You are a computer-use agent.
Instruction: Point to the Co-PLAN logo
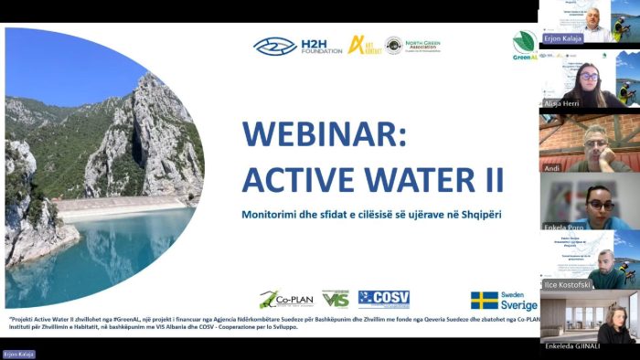click(281, 300)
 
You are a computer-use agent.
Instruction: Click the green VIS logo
click(336, 299)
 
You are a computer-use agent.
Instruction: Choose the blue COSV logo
click(383, 299)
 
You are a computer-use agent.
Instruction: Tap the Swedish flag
click(484, 301)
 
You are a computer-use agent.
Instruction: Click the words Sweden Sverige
click(519, 301)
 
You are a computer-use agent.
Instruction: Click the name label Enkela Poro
click(560, 224)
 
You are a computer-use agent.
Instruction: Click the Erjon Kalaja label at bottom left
click(18, 354)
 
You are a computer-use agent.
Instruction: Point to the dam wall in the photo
click(119, 204)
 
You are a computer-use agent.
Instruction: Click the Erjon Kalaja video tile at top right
click(589, 22)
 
